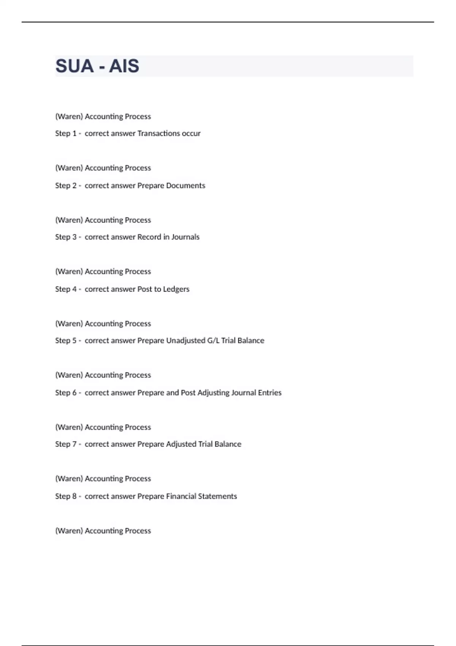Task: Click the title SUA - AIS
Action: click(x=97, y=66)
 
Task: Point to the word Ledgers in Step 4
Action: click(x=176, y=289)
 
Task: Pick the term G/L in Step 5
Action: click(x=213, y=340)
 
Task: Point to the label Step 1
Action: click(x=66, y=133)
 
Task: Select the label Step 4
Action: click(x=66, y=289)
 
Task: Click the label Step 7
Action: click(x=66, y=444)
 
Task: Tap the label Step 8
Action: click(x=66, y=496)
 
